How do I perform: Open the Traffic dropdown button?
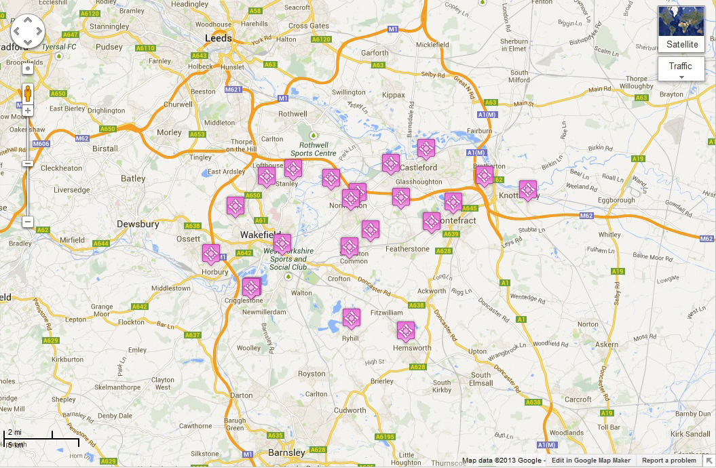pyautogui.click(x=681, y=69)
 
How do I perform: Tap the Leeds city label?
pyautogui.click(x=219, y=38)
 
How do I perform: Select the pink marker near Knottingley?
pyautogui.click(x=527, y=189)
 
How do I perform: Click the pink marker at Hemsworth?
pyautogui.click(x=405, y=330)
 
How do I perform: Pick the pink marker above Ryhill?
pyautogui.click(x=351, y=317)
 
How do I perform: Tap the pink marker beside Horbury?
pyautogui.click(x=211, y=254)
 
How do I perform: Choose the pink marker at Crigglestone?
pyautogui.click(x=251, y=286)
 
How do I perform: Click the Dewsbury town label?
pyautogui.click(x=138, y=224)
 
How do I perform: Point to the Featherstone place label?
pyautogui.click(x=407, y=249)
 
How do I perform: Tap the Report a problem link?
pyautogui.click(x=669, y=461)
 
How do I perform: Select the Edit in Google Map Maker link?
pyautogui.click(x=590, y=461)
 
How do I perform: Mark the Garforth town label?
pyautogui.click(x=375, y=52)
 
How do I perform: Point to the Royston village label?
pyautogui.click(x=312, y=374)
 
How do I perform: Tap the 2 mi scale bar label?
pyautogui.click(x=15, y=432)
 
